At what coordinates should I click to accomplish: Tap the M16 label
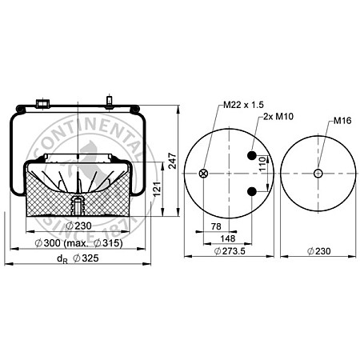pos(342,122)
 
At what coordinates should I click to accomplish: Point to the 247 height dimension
pos(172,161)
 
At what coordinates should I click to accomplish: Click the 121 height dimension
pos(158,189)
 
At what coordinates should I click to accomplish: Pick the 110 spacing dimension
pos(262,163)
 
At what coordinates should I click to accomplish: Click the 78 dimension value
pos(216,226)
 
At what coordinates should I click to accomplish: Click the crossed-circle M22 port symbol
pos(202,174)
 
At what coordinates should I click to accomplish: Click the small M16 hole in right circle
pos(318,174)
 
